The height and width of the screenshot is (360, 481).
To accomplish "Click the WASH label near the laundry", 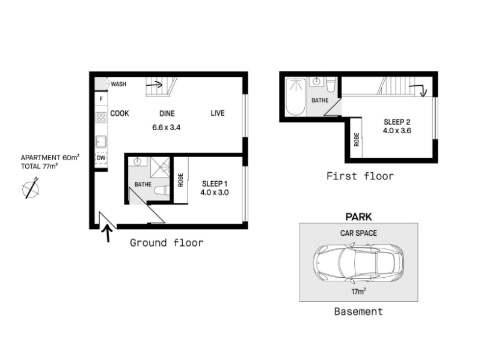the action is click(x=118, y=84).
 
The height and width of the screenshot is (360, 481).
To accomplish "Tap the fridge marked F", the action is click(x=101, y=99).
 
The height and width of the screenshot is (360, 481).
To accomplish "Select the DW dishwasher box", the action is click(x=101, y=158).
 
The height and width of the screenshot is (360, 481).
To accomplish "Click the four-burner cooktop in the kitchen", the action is click(x=101, y=117).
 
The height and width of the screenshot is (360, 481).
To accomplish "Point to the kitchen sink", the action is click(x=101, y=142).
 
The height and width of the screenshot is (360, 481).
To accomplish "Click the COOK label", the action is click(x=119, y=113).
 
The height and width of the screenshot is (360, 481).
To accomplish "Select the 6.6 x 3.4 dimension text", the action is click(x=167, y=127).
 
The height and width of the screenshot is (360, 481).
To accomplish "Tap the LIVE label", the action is click(x=218, y=113).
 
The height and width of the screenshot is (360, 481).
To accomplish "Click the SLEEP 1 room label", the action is click(x=215, y=184).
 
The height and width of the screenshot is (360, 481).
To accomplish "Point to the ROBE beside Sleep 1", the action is click(x=181, y=180).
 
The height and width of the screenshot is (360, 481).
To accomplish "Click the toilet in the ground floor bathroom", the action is click(x=162, y=190).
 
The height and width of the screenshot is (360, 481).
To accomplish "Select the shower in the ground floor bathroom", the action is click(x=160, y=167).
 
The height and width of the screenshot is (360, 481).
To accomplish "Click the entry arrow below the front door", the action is click(x=108, y=233).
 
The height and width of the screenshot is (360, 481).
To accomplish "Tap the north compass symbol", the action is click(x=31, y=188).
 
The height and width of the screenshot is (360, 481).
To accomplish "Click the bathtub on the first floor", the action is click(x=295, y=97).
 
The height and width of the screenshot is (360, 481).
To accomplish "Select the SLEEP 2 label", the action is click(x=397, y=122).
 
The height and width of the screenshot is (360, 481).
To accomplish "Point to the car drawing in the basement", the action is click(x=358, y=263).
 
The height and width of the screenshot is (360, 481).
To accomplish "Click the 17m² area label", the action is click(x=358, y=292).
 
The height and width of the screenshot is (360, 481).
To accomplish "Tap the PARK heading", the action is click(x=358, y=217).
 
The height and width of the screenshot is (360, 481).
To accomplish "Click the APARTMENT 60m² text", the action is click(x=50, y=158).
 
